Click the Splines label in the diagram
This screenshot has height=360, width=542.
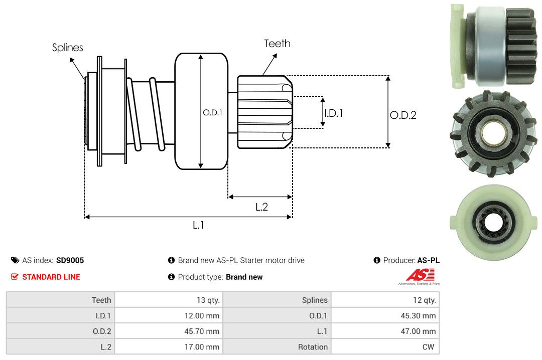click(x=67, y=48)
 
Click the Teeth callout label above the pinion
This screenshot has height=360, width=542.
click(x=277, y=44)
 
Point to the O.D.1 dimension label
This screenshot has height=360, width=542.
click(x=212, y=113)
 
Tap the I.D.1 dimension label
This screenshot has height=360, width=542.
click(x=333, y=113)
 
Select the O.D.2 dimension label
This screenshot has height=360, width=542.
click(x=403, y=115)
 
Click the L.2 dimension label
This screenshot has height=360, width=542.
click(x=261, y=207)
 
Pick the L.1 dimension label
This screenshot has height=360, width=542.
click(x=198, y=225)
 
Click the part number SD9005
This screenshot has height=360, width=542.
click(x=70, y=260)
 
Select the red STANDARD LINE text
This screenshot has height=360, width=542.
click(x=51, y=277)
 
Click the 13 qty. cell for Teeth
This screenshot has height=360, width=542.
click(x=208, y=300)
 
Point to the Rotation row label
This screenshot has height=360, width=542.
click(x=313, y=347)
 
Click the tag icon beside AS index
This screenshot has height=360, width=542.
click(x=15, y=260)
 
